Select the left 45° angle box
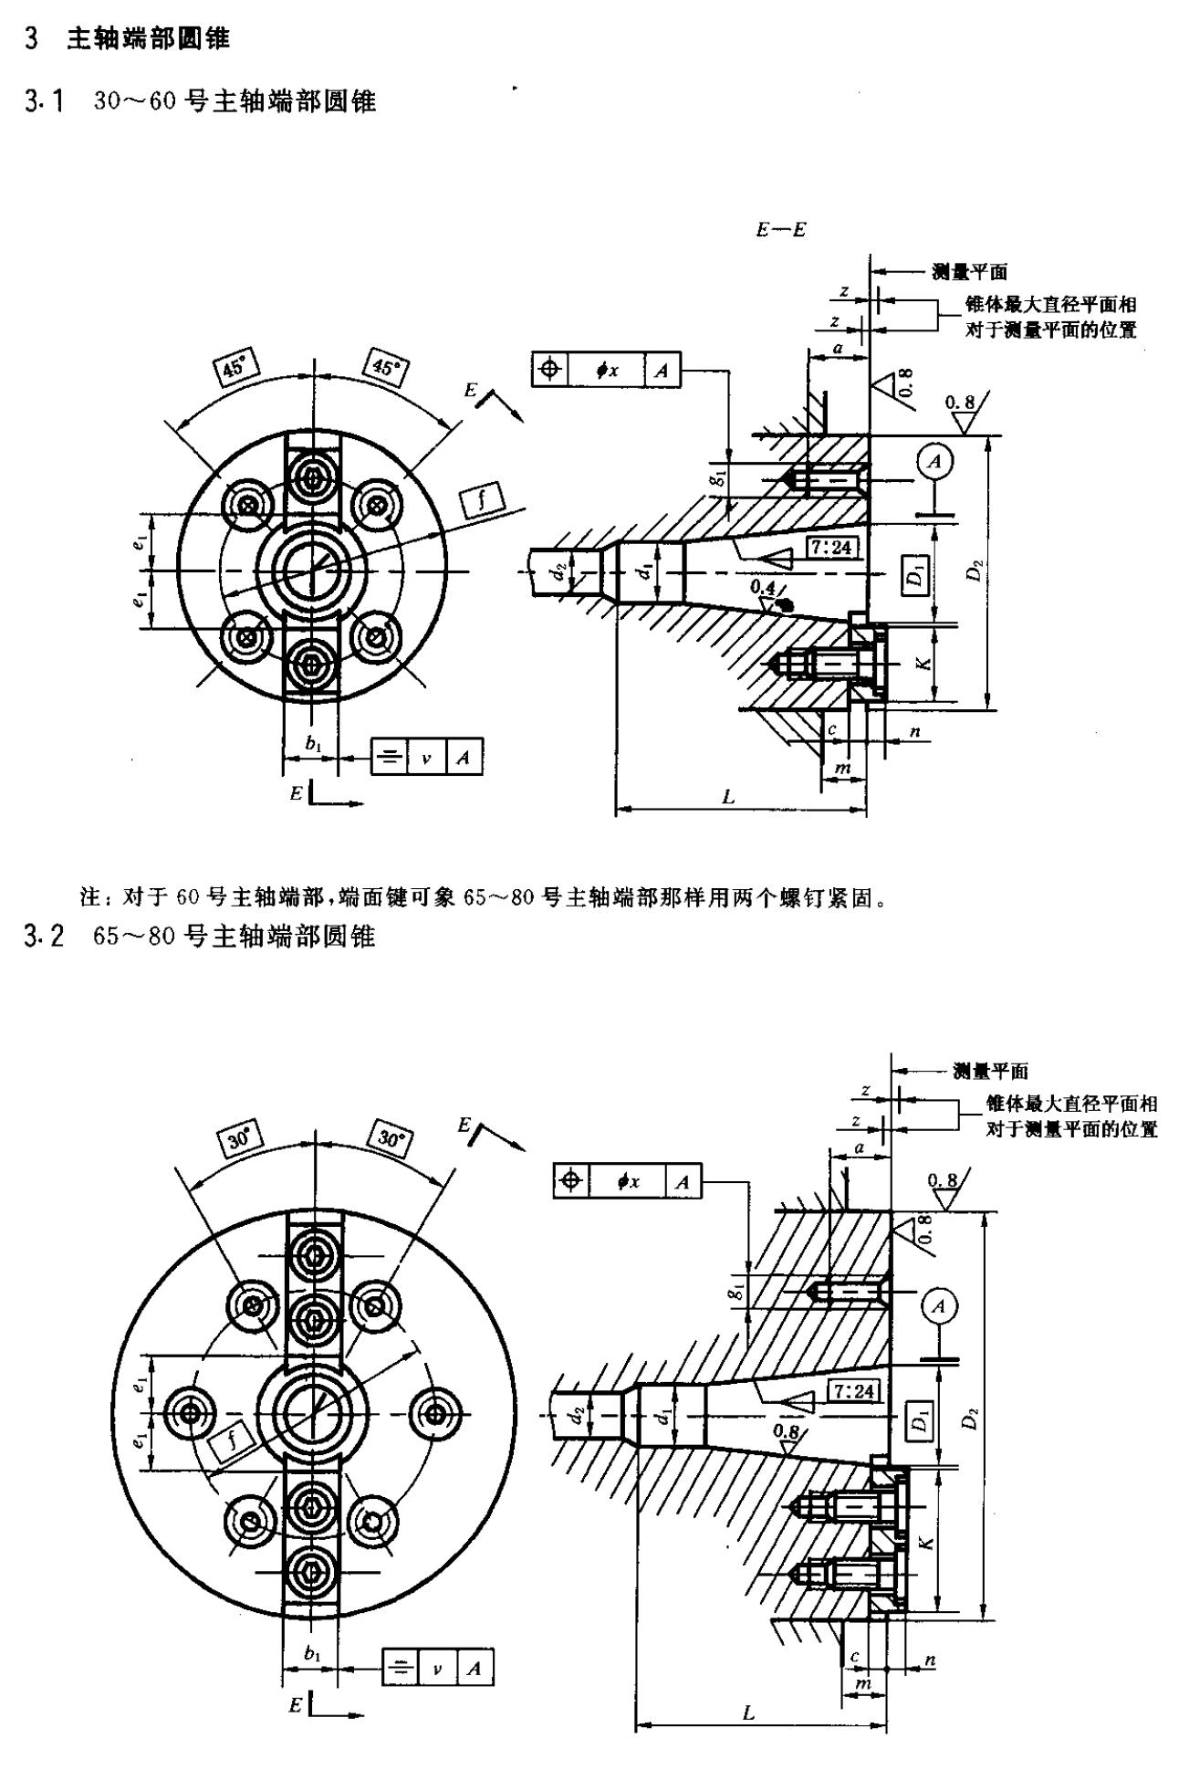235,368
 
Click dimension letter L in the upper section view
727,797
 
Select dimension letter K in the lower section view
927,1542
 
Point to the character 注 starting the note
89,898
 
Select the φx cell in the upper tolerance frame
608,370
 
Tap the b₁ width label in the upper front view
313,744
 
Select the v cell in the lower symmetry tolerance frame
437,1669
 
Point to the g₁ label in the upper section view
721,477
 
